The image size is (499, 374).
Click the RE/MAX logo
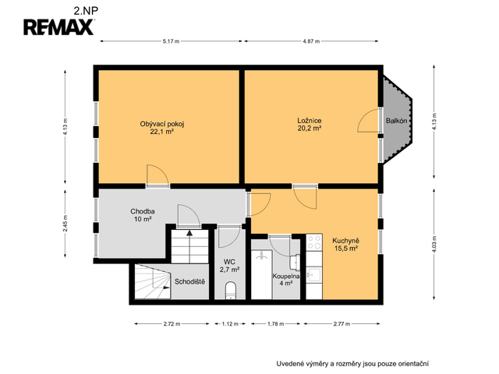(x=58, y=27)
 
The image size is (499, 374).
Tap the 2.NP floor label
(x=86, y=11)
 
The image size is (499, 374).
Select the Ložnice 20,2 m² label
(x=310, y=125)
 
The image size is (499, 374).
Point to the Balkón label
(x=396, y=121)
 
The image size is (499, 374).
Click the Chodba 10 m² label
(x=143, y=215)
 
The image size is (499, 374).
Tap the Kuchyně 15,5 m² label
(x=345, y=245)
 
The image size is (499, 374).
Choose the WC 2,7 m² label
(x=229, y=266)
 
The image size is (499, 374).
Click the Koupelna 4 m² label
(x=286, y=280)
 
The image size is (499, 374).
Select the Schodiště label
(x=189, y=281)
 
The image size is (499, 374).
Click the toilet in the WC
(x=230, y=291)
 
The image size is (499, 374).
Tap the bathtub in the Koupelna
(x=262, y=274)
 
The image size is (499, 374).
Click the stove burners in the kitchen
(x=314, y=242)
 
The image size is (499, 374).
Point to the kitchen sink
(x=313, y=274)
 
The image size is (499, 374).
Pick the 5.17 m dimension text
(x=171, y=41)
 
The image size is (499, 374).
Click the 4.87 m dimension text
(x=311, y=41)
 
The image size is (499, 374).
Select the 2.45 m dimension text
(x=65, y=224)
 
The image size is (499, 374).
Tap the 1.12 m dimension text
(x=230, y=324)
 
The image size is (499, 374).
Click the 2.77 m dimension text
(x=342, y=324)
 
